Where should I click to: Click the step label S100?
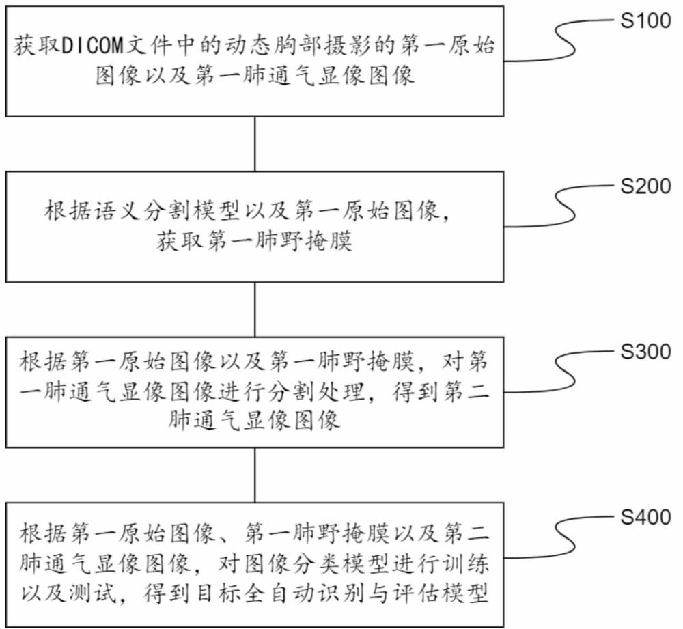click(645, 21)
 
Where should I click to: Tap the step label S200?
click(645, 187)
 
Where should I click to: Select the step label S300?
click(645, 352)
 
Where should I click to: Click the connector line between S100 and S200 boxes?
click(255, 143)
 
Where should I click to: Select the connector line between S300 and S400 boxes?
click(255, 475)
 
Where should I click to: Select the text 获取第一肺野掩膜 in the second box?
click(255, 241)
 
